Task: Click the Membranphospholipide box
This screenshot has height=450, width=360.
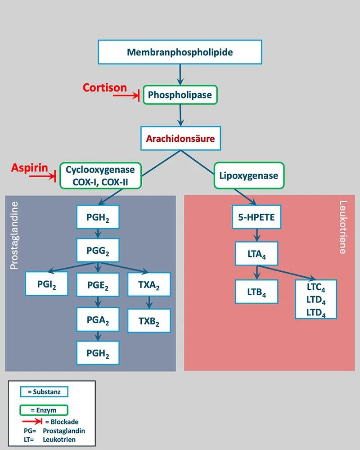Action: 180,52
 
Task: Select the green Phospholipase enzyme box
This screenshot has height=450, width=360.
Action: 180,95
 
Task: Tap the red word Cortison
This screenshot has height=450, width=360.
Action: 105,87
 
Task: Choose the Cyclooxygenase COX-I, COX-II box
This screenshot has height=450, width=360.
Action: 100,176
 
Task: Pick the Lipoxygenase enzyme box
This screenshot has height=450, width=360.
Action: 248,175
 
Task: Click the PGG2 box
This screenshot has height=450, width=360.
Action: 98,250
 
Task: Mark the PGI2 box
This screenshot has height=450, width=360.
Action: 47,284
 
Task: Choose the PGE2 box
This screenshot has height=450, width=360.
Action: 98,284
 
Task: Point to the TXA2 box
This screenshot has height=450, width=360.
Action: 149,284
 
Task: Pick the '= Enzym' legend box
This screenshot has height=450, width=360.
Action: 44,410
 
